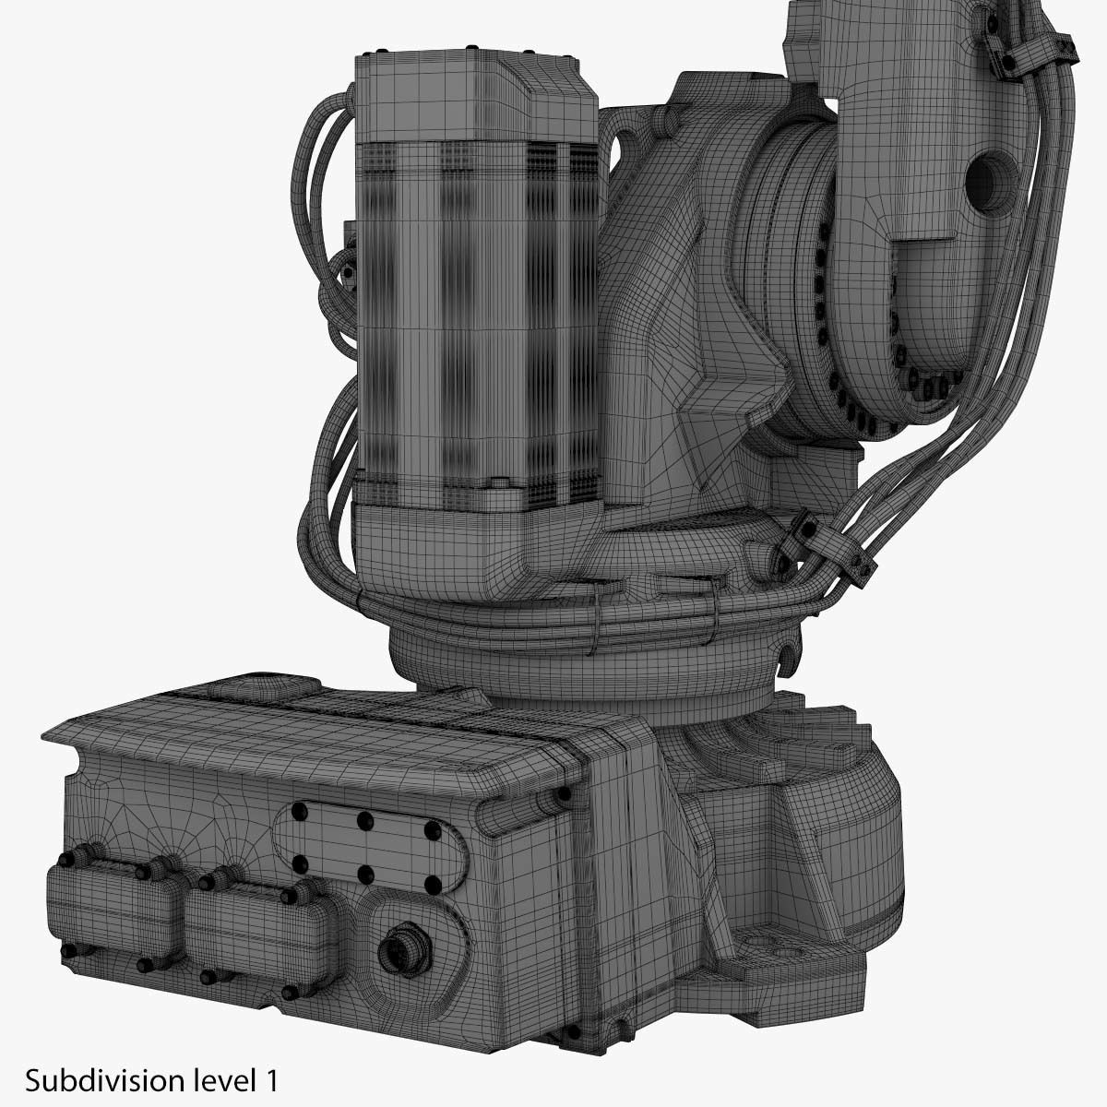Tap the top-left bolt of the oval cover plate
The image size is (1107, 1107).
pyautogui.click(x=298, y=811)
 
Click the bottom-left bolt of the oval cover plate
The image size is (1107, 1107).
pyautogui.click(x=299, y=863)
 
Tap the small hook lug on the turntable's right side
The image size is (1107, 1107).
pyautogui.click(x=786, y=655)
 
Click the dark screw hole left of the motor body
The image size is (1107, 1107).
pyautogui.click(x=347, y=274)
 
